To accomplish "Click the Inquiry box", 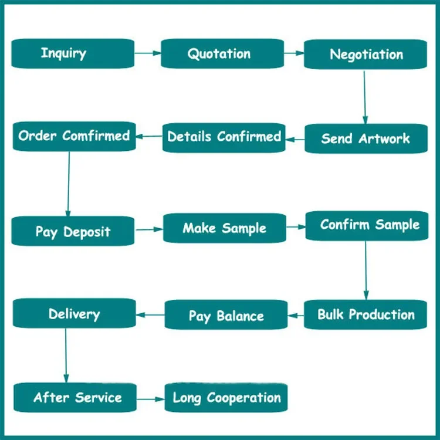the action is (x=73, y=53).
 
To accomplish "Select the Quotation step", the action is (x=222, y=53).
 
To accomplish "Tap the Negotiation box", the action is (x=365, y=54).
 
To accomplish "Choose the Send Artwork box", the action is (x=366, y=138).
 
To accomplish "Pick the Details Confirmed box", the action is (x=224, y=138).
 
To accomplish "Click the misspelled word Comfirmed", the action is (x=96, y=136).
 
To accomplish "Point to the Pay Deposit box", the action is (x=73, y=231).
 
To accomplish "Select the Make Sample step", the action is (x=225, y=228).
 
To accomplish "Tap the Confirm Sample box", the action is (x=367, y=226).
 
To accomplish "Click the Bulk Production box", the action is (x=365, y=314).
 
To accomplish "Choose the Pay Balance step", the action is (x=226, y=315).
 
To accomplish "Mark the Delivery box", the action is (x=75, y=313).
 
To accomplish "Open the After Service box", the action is (x=75, y=398).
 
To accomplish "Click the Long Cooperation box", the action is (x=226, y=398).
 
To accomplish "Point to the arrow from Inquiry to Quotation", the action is (x=148, y=53).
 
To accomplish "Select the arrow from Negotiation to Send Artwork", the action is (x=365, y=97).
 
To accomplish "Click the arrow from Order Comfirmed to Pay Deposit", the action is (x=69, y=184).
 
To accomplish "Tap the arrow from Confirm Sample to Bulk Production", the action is (x=365, y=270).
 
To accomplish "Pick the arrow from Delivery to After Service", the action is (x=66, y=356).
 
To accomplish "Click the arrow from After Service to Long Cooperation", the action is (x=151, y=399).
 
